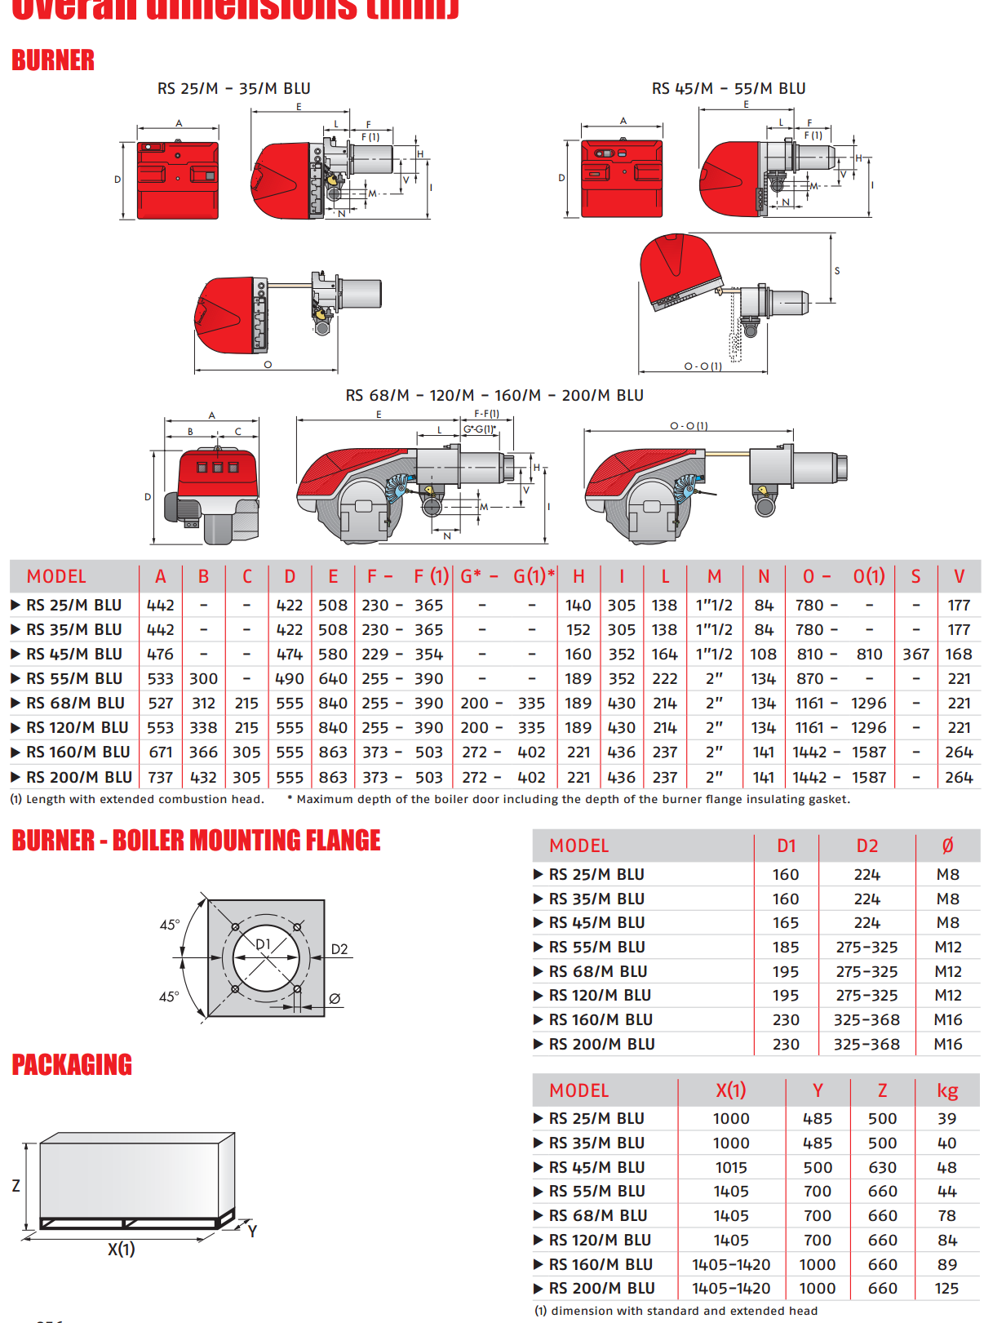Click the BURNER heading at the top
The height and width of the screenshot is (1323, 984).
coord(53,60)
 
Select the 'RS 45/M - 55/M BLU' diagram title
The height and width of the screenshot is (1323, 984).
coord(728,88)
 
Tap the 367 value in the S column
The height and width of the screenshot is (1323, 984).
coord(915,655)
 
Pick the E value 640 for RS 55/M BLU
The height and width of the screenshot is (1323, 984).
coord(333,679)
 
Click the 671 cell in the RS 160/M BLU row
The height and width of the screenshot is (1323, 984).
coord(161,753)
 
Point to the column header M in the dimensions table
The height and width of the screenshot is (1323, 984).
coord(714,576)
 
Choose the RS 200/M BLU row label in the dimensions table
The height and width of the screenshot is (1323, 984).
coord(78,778)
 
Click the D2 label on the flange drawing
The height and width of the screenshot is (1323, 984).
coord(339,949)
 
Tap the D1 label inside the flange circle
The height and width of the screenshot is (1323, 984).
coord(263,944)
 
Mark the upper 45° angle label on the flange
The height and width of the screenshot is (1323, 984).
coord(169,925)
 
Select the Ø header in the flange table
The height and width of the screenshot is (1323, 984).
coord(947,846)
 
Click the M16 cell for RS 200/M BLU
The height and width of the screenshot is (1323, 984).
coord(947,1044)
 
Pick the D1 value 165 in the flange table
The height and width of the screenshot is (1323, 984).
coord(786,923)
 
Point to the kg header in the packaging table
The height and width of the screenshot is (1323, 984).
coord(946,1090)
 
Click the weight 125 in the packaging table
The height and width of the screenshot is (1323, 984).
coord(946,1289)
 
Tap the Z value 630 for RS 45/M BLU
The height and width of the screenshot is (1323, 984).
coord(882,1168)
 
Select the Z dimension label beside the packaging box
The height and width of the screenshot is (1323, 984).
coord(16,1186)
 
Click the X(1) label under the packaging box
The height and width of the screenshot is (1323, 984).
coord(122,1249)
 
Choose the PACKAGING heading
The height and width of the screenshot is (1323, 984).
coord(72,1065)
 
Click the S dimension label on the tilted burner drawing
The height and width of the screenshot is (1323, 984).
coord(836,271)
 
